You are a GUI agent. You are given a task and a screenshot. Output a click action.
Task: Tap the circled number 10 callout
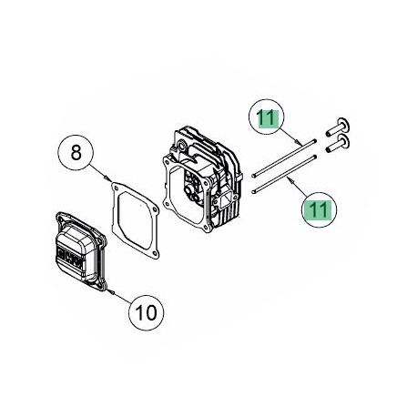pos(145,311)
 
